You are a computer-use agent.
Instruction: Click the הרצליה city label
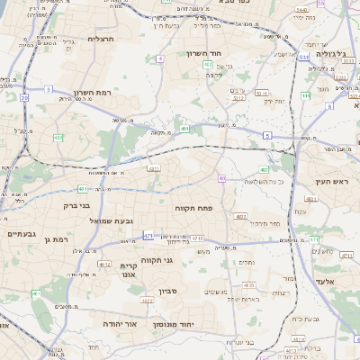[x=101, y=39]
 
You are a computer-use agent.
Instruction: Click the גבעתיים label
[x=20, y=234]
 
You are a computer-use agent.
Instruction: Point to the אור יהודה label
[x=120, y=322]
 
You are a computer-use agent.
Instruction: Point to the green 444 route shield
[x=305, y=94]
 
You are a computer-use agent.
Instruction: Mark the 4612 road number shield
[x=105, y=265]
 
